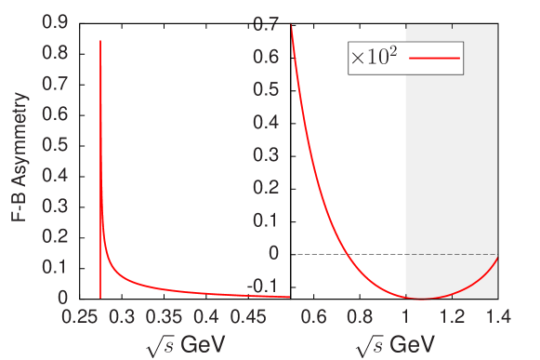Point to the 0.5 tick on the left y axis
pos(56,144)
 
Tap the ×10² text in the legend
pos(375,58)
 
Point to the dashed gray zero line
pos(452,254)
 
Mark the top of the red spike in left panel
pos(100,42)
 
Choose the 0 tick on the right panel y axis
pos(274,253)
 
